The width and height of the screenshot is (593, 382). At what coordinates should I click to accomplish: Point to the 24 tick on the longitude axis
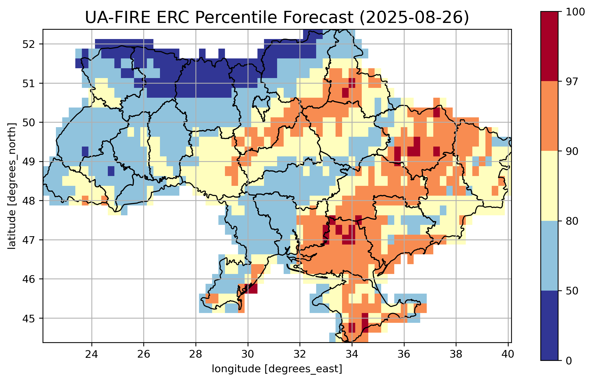click(91, 354)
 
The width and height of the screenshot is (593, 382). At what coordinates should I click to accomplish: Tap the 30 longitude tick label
click(248, 354)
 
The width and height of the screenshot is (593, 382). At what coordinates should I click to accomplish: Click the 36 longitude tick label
click(404, 354)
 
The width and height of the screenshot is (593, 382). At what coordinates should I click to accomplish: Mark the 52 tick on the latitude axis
click(28, 44)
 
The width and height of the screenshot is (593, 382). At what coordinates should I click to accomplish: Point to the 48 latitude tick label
click(28, 201)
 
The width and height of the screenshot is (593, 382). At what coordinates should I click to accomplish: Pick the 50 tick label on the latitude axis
click(28, 123)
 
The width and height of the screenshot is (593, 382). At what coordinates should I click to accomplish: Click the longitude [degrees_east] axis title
click(277, 369)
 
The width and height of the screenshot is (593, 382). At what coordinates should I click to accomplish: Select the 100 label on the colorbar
click(575, 12)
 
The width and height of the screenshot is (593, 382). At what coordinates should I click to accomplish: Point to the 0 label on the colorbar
click(569, 361)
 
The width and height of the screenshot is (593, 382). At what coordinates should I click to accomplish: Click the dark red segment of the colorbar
click(549, 46)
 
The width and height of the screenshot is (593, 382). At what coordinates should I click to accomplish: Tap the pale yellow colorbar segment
click(549, 186)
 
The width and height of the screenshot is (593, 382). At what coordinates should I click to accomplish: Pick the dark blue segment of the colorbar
click(549, 325)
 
